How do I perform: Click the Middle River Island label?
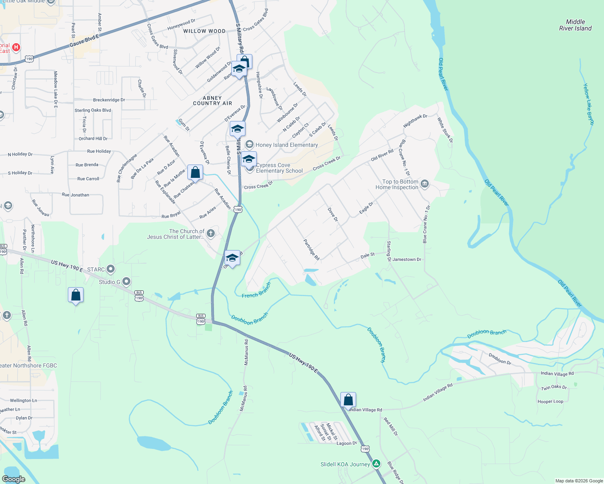[x=575, y=25]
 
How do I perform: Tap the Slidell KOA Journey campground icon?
[x=376, y=464]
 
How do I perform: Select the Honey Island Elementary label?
[x=287, y=145]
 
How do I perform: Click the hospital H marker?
[x=16, y=48]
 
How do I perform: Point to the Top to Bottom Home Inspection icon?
[x=424, y=184]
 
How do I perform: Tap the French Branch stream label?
[x=256, y=291]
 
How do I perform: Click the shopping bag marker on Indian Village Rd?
[x=348, y=400]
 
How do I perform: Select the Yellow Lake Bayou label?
[x=588, y=104]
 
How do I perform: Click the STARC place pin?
[x=111, y=269]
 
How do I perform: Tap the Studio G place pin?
[x=126, y=282]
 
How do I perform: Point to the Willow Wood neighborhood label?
[x=204, y=31]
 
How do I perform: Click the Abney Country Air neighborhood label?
[x=212, y=100]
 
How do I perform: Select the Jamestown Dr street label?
[x=407, y=259]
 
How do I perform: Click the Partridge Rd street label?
[x=311, y=250]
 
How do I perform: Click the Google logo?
[x=14, y=479]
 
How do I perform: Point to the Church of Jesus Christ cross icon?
[x=210, y=234]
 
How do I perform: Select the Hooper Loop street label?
[x=550, y=401]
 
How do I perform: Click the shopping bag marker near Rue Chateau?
[x=195, y=173]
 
